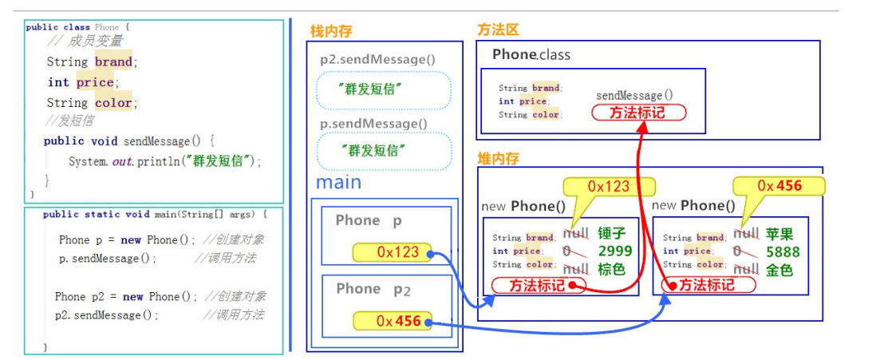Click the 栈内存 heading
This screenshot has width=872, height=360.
pyautogui.click(x=331, y=32)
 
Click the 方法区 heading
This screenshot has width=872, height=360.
pyautogui.click(x=498, y=30)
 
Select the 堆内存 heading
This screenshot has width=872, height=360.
pyautogui.click(x=498, y=158)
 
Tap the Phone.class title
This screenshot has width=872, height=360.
pyautogui.click(x=531, y=55)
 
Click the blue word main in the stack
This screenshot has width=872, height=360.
pyautogui.click(x=338, y=183)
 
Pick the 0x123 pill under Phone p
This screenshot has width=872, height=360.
pyautogui.click(x=391, y=252)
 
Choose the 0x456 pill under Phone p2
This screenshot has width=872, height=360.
pyautogui.click(x=391, y=321)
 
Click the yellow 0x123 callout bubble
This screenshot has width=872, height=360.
pyautogui.click(x=609, y=187)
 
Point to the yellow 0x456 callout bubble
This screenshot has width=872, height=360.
pyautogui.click(x=779, y=187)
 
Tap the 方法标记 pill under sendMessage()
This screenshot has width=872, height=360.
pyautogui.click(x=638, y=113)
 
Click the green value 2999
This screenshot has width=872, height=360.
pyautogui.click(x=615, y=251)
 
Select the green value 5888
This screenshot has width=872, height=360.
pyautogui.click(x=783, y=251)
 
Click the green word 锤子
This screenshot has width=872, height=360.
pyautogui.click(x=614, y=234)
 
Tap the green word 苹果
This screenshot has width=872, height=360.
pyautogui.click(x=779, y=234)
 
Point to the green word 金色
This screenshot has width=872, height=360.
pyautogui.click(x=779, y=270)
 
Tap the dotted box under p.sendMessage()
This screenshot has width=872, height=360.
pyautogui.click(x=384, y=150)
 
